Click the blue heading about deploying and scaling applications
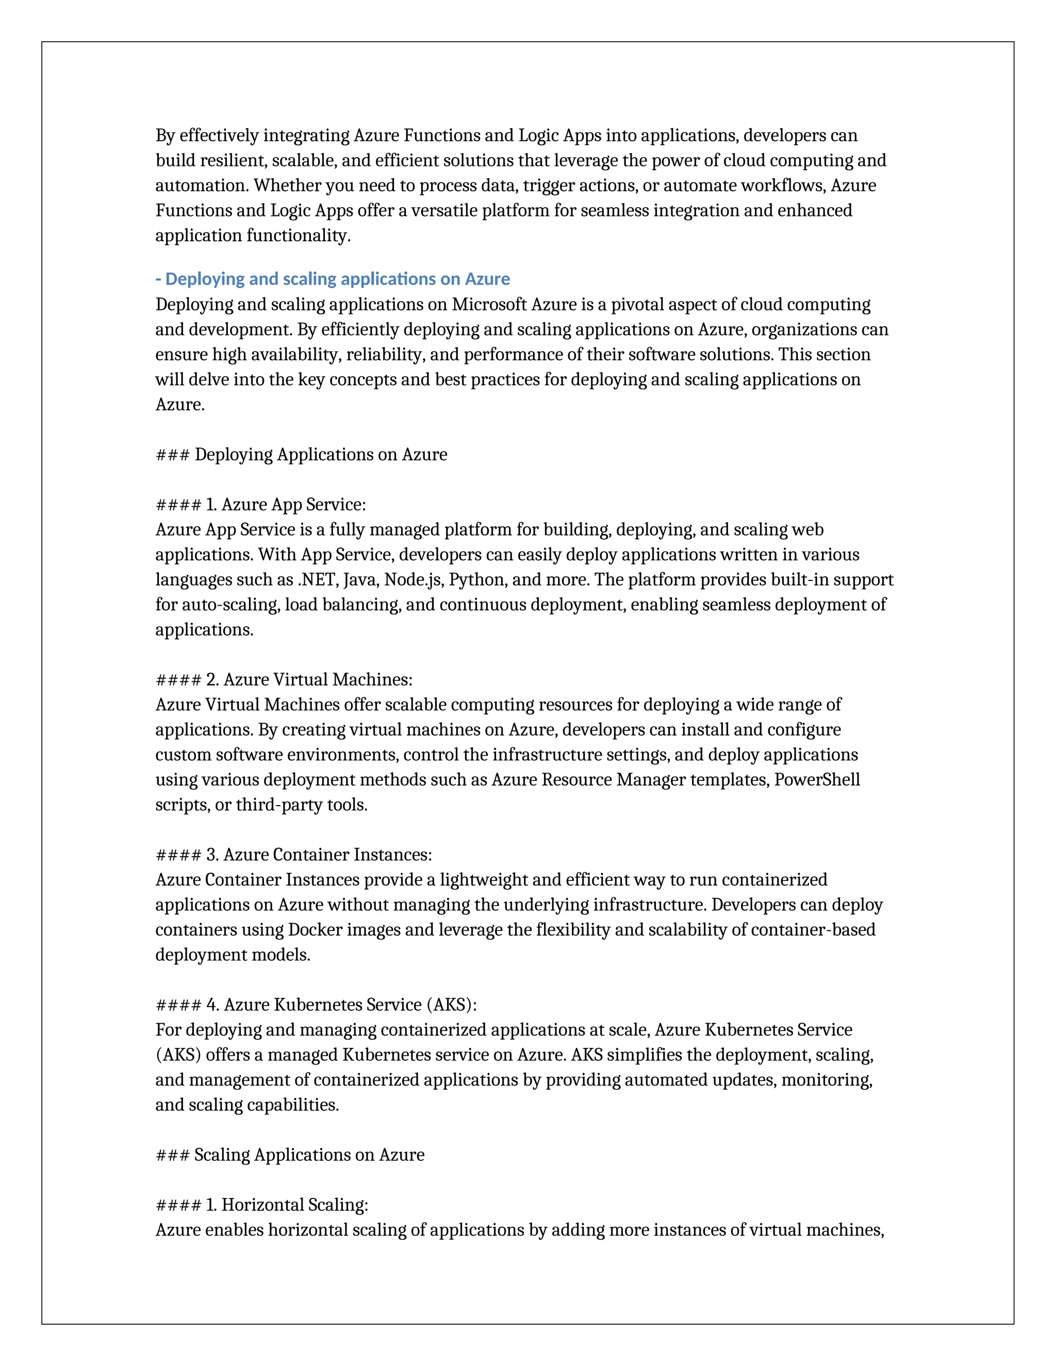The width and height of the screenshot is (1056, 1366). (x=332, y=279)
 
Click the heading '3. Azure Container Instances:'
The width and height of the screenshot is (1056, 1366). (x=293, y=855)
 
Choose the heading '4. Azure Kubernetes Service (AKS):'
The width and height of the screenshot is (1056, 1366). (x=316, y=1005)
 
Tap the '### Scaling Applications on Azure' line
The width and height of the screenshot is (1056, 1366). (x=290, y=1155)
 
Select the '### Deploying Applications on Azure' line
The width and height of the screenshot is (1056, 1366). (x=301, y=455)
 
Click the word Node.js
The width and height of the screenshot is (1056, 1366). (x=413, y=580)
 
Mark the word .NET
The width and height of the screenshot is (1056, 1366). (x=317, y=580)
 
